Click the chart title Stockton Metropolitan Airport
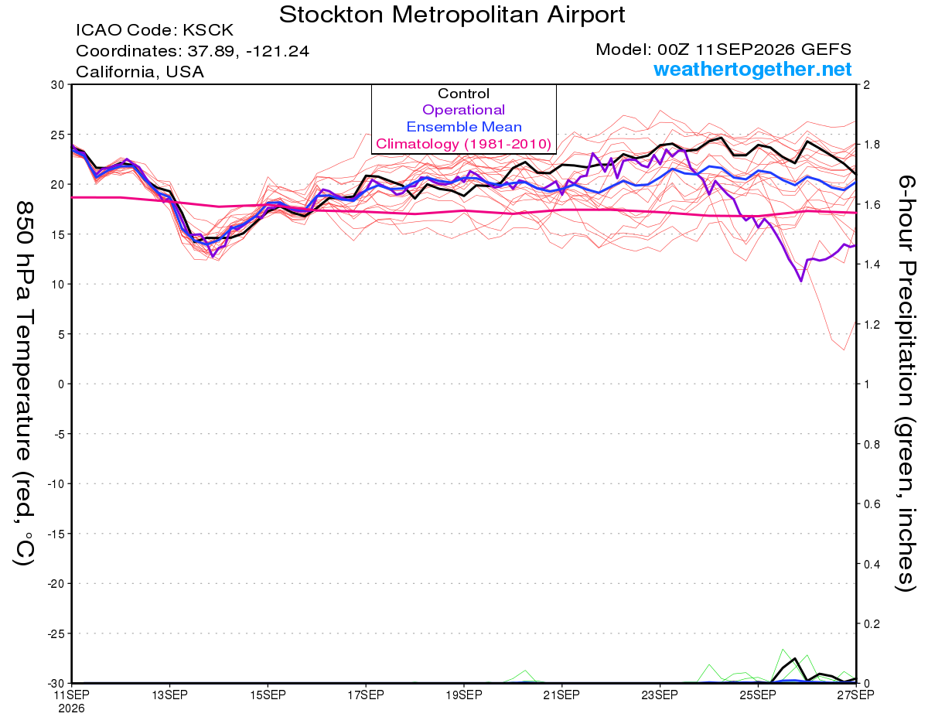452,15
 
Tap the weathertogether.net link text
752,69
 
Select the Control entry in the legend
463,94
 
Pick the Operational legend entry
463,110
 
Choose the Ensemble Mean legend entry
464,127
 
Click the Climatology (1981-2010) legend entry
463,144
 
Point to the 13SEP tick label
169,695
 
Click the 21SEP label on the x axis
561,695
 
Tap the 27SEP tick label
855,695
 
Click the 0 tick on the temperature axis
61,384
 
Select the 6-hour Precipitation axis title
906,383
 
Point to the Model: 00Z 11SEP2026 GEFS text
723,50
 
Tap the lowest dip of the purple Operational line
800,281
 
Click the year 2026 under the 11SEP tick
71,709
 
